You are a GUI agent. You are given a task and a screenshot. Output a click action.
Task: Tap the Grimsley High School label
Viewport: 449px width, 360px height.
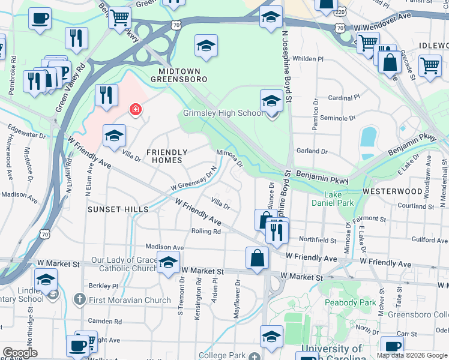tap(223, 113)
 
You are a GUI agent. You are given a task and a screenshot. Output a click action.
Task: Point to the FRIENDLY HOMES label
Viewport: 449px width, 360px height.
tap(166, 156)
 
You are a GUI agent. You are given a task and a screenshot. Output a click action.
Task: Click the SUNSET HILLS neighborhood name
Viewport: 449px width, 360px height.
tap(118, 209)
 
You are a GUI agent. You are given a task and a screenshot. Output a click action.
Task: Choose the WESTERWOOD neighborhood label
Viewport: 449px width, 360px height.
tap(393, 191)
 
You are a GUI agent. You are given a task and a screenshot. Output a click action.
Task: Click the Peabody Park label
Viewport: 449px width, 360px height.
tap(349, 302)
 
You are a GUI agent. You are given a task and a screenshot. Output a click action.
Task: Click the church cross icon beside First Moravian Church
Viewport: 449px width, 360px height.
tap(79, 299)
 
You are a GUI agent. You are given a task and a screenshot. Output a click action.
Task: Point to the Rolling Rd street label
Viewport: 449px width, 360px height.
tap(206, 231)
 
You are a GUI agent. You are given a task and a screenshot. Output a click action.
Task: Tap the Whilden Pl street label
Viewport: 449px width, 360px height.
tap(308, 59)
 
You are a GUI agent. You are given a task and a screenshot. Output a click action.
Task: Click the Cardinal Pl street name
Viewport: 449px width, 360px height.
tap(344, 97)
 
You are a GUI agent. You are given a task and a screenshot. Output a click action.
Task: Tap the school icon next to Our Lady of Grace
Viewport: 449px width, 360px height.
tap(168, 261)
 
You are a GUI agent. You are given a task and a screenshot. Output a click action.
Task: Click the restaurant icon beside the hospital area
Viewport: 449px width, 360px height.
tap(105, 94)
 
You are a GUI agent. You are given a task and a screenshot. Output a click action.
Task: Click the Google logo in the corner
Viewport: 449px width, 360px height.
tap(20, 353)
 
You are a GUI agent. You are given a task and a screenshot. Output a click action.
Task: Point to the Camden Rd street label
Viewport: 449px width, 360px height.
tap(104, 321)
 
